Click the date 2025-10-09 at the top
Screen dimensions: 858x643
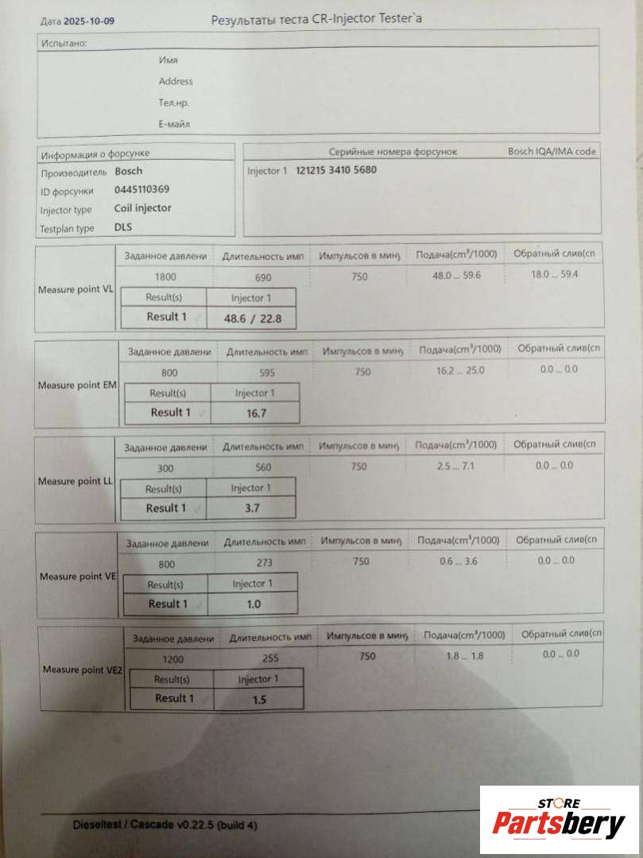91,21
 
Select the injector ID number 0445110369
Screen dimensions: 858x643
141,190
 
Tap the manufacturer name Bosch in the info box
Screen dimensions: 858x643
129,171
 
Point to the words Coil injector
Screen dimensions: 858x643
142,208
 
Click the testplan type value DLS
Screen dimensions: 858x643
123,228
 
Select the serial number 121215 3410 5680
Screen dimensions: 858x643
336,170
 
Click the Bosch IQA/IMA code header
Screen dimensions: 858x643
552,151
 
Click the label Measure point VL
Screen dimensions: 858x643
76,289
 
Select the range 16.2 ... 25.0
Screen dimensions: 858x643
461,371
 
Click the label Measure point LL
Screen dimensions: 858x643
76,481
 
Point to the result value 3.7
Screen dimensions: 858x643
250,508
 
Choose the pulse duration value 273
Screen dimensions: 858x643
264,561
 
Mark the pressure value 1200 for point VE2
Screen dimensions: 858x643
173,659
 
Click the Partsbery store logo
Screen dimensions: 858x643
559,820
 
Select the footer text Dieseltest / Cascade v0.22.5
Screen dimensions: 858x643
165,825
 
